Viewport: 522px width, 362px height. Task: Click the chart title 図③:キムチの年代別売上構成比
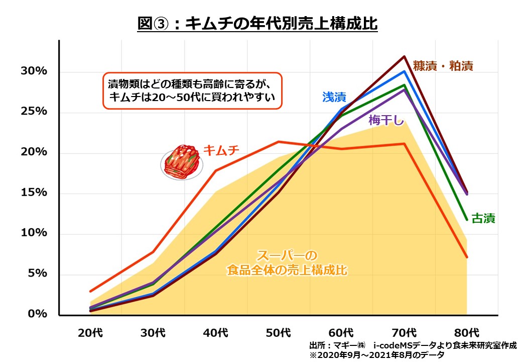click(257, 24)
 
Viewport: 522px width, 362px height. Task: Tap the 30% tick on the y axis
click(34, 71)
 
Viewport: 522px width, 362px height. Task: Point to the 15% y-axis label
click(34, 193)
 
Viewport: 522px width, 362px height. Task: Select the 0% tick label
click(37, 314)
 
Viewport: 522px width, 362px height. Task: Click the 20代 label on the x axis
click(90, 332)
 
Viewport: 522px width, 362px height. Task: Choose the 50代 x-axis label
click(279, 332)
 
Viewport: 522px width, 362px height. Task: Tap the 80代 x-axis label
click(467, 332)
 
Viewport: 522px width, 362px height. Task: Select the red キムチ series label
click(221, 150)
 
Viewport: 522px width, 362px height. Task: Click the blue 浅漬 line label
click(334, 97)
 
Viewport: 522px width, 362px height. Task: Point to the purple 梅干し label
click(386, 120)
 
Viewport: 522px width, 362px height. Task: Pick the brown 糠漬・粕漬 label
click(443, 65)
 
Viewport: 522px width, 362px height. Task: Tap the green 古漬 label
click(484, 219)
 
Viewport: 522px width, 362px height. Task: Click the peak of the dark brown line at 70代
click(404, 56)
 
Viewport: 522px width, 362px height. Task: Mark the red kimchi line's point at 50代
click(279, 142)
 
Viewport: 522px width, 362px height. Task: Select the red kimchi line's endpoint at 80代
click(467, 257)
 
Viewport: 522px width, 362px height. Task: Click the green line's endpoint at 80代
click(467, 220)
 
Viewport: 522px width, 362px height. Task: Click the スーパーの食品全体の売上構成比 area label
click(287, 262)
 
